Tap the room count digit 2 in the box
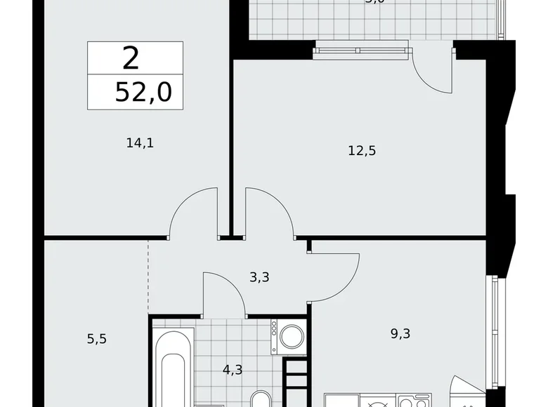click(131, 59)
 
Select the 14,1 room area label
click(140, 143)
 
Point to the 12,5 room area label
click(362, 150)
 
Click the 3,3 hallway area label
click(259, 276)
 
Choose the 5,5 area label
click(98, 339)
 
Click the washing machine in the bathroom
click(291, 337)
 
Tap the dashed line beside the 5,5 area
click(148, 277)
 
